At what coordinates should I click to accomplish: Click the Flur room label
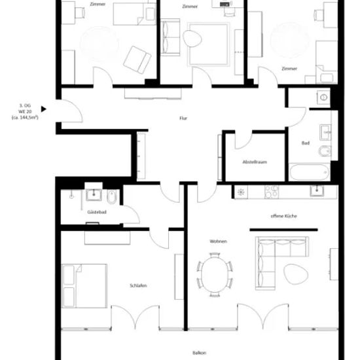pos(183,118)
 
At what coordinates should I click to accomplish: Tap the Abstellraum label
pos(255,162)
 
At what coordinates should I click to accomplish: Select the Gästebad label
pos(97,212)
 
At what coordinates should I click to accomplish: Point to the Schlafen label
pos(138,285)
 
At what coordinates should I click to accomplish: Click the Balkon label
pos(199,353)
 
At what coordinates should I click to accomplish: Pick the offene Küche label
pos(284,216)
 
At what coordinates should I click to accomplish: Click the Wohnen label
pos(219,242)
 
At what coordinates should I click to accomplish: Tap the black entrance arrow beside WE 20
pos(44,109)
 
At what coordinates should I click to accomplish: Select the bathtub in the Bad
pos(310,172)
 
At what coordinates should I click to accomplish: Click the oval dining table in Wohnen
pos(215,275)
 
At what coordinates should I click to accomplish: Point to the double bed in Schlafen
pos(84,286)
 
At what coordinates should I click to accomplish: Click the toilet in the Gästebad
pos(112,197)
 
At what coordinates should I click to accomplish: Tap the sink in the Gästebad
pos(94,195)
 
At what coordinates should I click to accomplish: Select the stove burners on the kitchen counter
pos(272,192)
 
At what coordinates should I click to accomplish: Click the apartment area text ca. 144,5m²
pos(25,118)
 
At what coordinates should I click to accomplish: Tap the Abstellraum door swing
pos(243,141)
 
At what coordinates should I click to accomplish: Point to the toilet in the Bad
pos(325,151)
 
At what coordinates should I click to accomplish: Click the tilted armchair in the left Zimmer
pos(137,60)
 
